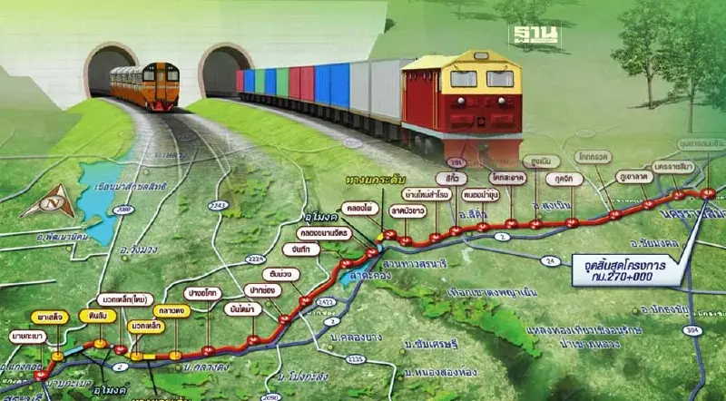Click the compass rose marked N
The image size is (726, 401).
48,206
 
